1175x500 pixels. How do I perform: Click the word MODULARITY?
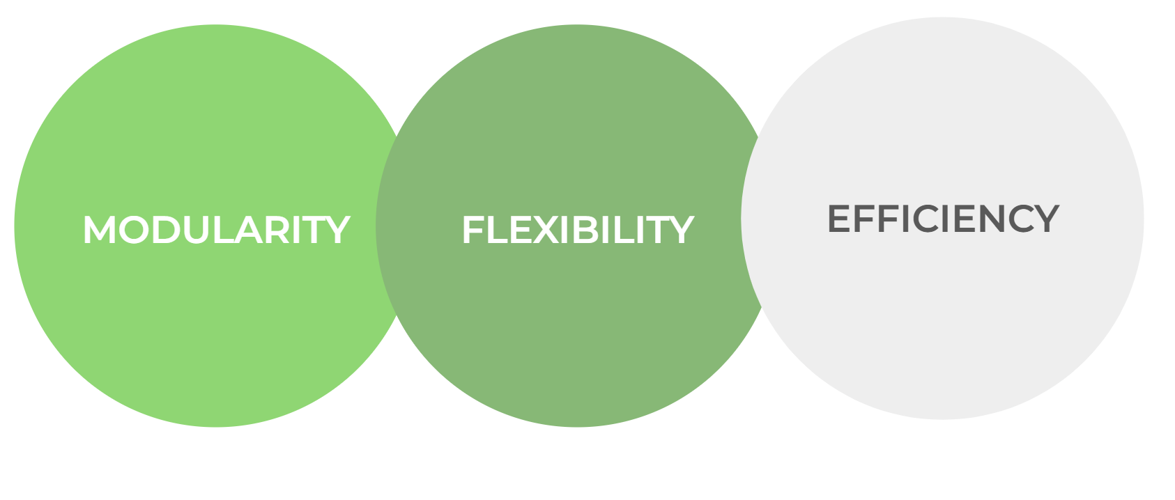tap(216, 230)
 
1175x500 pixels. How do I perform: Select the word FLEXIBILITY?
tap(577, 230)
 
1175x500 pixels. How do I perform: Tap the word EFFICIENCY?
tap(942, 219)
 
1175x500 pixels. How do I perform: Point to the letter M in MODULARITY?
tap(99, 230)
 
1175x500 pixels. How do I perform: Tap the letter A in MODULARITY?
tap(249, 230)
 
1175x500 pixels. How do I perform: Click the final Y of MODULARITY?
tap(335, 230)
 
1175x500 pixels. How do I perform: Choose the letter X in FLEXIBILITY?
tap(546, 230)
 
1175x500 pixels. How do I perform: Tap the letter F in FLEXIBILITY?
tap(473, 230)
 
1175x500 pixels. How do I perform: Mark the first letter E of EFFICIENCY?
tap(839, 219)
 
